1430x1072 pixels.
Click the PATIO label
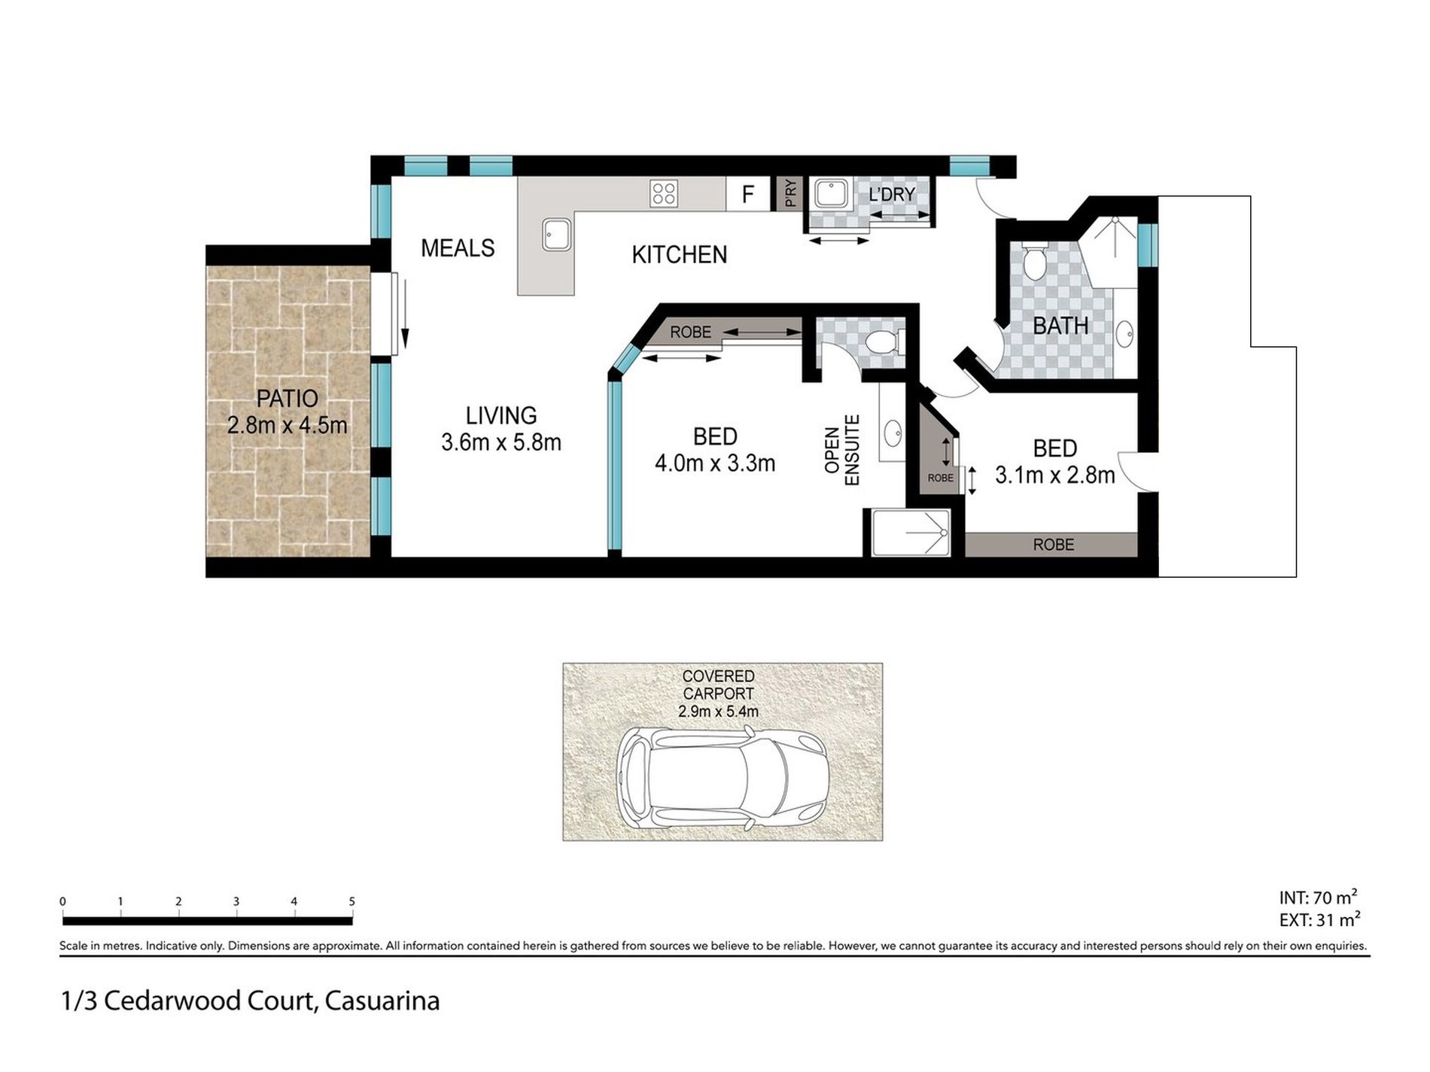pos(288,398)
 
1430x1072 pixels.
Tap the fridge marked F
pos(748,194)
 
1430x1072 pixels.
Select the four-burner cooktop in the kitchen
pos(664,193)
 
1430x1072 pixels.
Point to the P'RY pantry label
pos(790,194)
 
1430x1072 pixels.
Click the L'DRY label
pos(892,194)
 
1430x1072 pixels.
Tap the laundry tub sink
pos(831,193)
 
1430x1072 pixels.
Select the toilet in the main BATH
pos(1035,263)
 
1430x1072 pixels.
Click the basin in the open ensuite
pos(893,433)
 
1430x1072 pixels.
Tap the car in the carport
pos(723,779)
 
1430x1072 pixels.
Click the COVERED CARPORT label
pos(718,685)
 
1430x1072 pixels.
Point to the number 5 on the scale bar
pos(351,901)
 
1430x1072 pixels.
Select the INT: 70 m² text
pos(1318,897)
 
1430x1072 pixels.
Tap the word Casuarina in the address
pos(382,1001)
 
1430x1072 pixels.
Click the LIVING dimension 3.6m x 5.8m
pos(501,442)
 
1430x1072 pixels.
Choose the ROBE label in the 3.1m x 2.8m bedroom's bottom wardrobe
pos(1054,545)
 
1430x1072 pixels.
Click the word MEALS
pos(458,248)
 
